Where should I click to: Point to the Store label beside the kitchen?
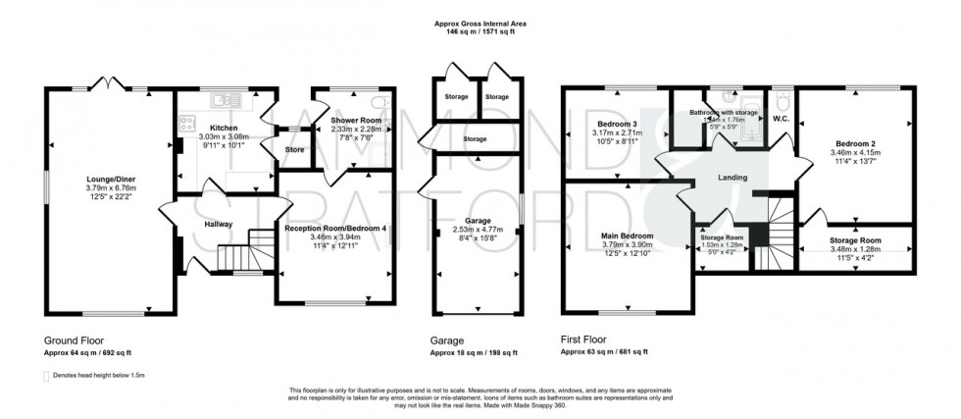[294, 150]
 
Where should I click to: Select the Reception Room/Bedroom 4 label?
[335, 228]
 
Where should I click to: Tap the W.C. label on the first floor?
[781, 120]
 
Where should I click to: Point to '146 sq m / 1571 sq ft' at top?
[480, 31]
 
